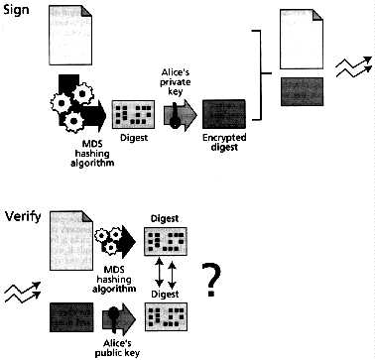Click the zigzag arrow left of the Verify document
[x=19, y=291]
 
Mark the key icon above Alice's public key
[x=118, y=318]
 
